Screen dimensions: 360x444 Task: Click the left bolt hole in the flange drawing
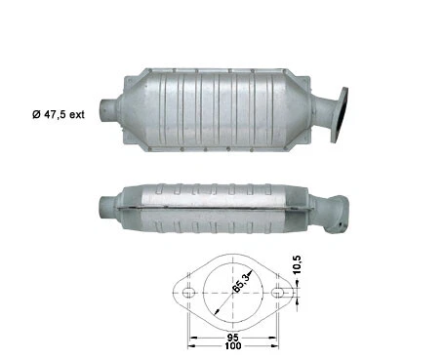183,290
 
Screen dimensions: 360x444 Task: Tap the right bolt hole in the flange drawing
279,290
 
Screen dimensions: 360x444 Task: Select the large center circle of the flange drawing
231,290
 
